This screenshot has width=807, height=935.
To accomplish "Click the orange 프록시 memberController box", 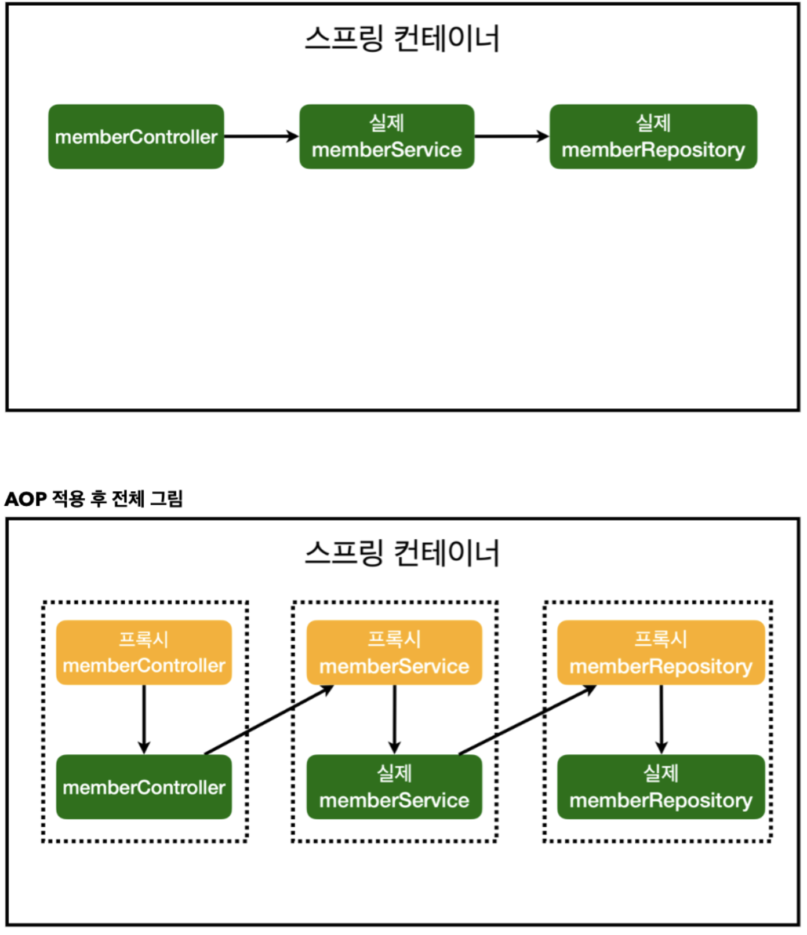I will tap(144, 653).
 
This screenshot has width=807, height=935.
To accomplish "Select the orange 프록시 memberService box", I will tap(394, 653).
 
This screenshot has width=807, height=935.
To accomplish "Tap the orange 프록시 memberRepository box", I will tap(661, 653).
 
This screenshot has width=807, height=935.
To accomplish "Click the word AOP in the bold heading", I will tap(26, 499).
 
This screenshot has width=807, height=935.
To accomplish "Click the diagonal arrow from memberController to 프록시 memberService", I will tap(269, 720).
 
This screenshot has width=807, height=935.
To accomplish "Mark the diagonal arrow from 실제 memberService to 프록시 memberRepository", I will tap(528, 720).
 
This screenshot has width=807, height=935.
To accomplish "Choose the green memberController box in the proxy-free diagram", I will tap(136, 137).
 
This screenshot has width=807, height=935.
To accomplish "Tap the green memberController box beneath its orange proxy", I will tap(144, 787).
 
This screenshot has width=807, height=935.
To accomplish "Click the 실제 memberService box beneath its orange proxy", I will tap(394, 787).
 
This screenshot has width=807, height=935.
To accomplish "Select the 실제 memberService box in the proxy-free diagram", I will tap(387, 137).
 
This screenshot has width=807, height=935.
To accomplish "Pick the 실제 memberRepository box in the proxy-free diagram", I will tap(653, 137).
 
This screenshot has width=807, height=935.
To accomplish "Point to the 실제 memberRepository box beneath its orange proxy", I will tap(661, 787).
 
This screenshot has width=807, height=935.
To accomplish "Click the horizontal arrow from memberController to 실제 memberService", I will tap(261, 137).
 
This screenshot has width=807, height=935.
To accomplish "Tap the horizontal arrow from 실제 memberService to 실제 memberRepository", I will tap(512, 137).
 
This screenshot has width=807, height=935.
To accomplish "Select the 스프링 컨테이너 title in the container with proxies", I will tap(402, 553).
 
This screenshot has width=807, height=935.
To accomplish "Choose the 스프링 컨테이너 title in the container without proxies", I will tap(402, 39).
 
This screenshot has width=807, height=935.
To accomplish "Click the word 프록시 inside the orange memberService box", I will tap(394, 640).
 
